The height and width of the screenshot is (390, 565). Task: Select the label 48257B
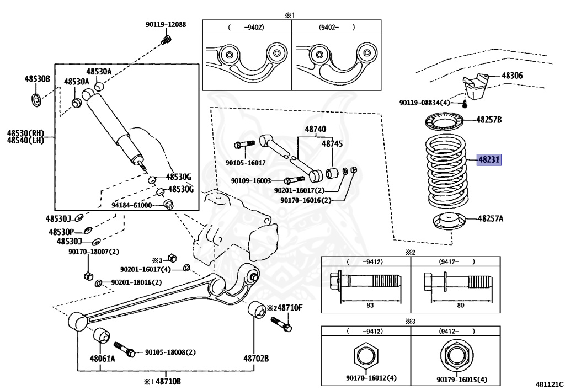point(489,119)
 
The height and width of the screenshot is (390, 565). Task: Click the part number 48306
point(512,76)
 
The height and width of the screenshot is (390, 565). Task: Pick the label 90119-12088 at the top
point(166,24)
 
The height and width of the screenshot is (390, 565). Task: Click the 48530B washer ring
point(36,101)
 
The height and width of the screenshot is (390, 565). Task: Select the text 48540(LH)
point(25,141)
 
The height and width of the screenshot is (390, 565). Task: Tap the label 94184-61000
point(131,205)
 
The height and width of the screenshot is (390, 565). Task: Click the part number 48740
point(316,130)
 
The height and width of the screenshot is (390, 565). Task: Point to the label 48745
point(332,143)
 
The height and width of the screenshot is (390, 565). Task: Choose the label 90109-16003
point(251,181)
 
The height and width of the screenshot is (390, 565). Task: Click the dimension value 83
point(370,305)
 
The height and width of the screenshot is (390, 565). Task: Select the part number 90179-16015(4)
point(462,380)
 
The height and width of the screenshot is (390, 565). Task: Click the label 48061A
point(103,359)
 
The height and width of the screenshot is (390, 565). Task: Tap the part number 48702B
point(256,359)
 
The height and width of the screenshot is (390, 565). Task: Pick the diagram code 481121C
point(548,383)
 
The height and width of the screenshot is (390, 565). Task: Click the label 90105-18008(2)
point(170,352)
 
